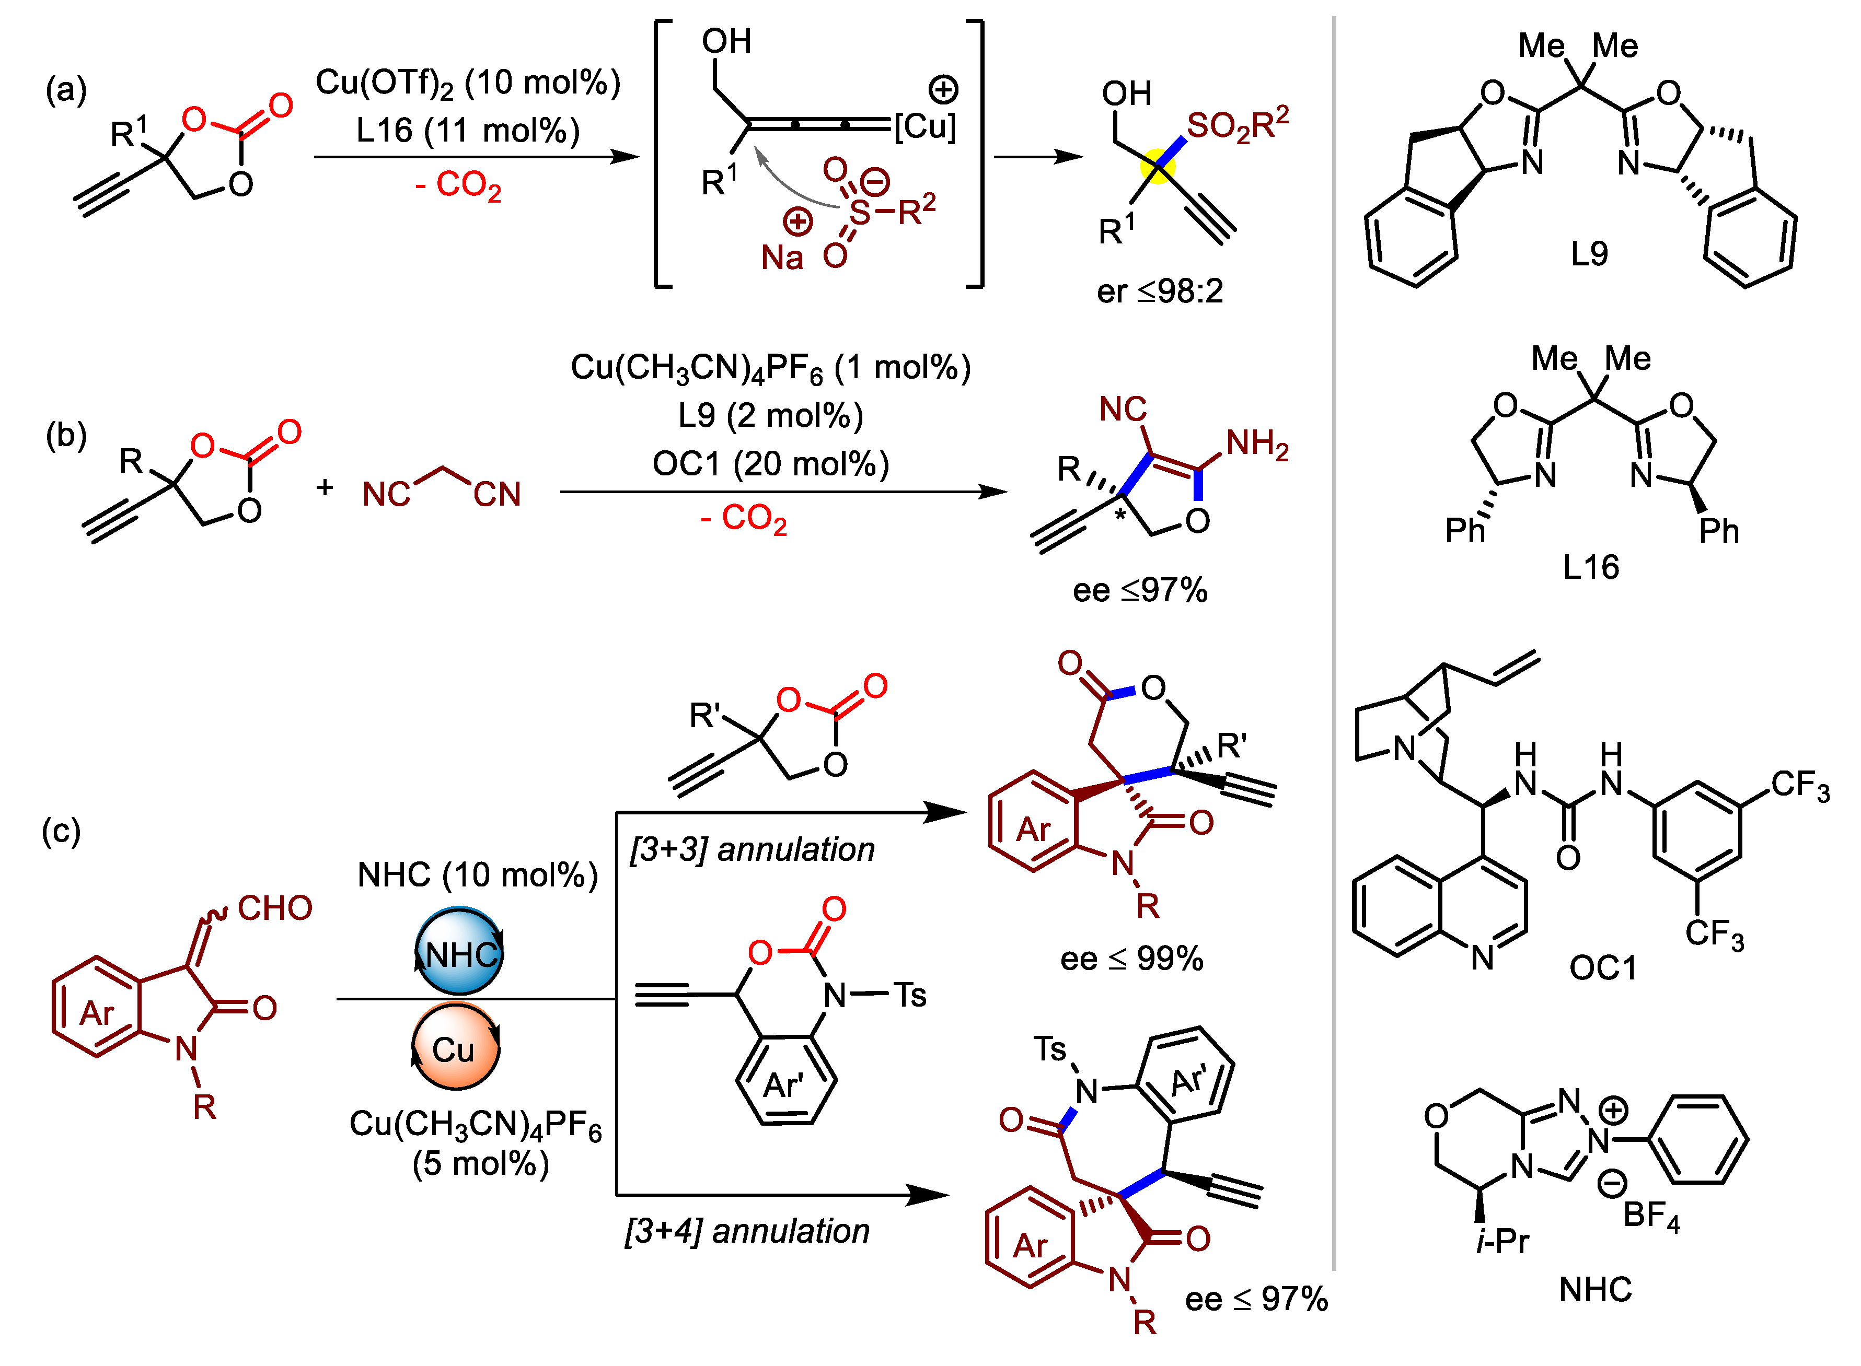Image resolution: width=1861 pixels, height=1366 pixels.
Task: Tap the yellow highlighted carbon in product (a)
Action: pos(1157,168)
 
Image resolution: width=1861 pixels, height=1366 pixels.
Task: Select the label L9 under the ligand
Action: pos(1589,254)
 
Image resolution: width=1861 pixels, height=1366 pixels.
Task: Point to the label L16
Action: pos(1590,567)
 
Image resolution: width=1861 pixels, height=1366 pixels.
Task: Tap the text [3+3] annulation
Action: pos(751,849)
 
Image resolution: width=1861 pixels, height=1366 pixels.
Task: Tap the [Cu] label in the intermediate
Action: pos(924,126)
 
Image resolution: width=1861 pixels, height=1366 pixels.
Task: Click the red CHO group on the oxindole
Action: pos(274,908)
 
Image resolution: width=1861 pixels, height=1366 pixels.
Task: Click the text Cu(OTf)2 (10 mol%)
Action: pos(467,83)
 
